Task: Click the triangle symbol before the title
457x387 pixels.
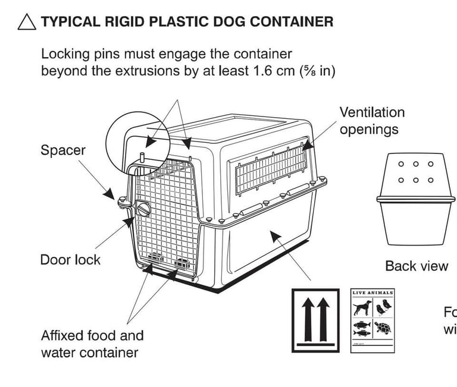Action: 27,23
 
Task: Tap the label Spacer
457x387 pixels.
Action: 62,150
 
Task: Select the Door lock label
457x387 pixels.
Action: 70,260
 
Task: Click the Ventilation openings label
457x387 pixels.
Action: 372,120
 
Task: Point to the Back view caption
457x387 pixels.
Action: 416,266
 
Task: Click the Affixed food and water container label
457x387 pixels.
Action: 92,344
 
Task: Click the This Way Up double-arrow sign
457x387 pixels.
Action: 315,321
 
